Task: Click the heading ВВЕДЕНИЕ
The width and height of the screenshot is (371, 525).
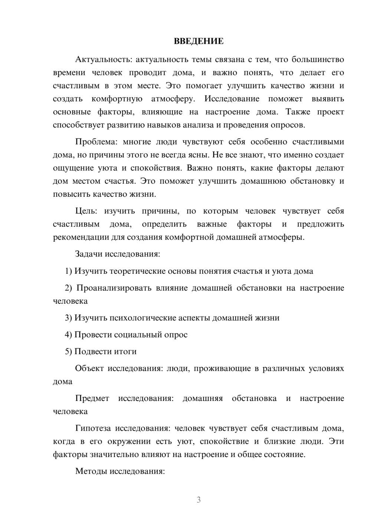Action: click(x=198, y=41)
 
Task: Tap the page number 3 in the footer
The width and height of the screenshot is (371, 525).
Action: click(x=198, y=500)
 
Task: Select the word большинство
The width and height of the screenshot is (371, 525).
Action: click(x=318, y=59)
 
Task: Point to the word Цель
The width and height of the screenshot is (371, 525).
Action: click(x=86, y=211)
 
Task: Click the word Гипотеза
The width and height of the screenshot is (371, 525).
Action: click(x=93, y=428)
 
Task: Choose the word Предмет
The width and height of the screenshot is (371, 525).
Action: click(x=92, y=398)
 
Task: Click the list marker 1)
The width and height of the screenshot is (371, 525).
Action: click(x=69, y=271)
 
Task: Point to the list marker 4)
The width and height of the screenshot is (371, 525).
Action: click(x=69, y=335)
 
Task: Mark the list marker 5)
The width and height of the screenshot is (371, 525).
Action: click(x=69, y=351)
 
